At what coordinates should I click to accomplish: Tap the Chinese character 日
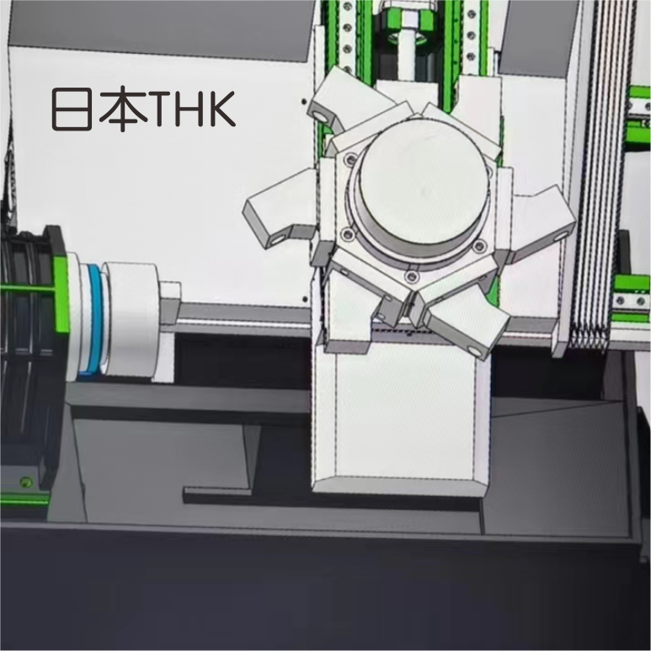tap(72, 109)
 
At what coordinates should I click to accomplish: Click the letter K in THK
tap(222, 109)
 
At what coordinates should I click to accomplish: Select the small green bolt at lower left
tap(27, 482)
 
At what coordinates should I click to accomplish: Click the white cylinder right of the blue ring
tap(130, 319)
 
